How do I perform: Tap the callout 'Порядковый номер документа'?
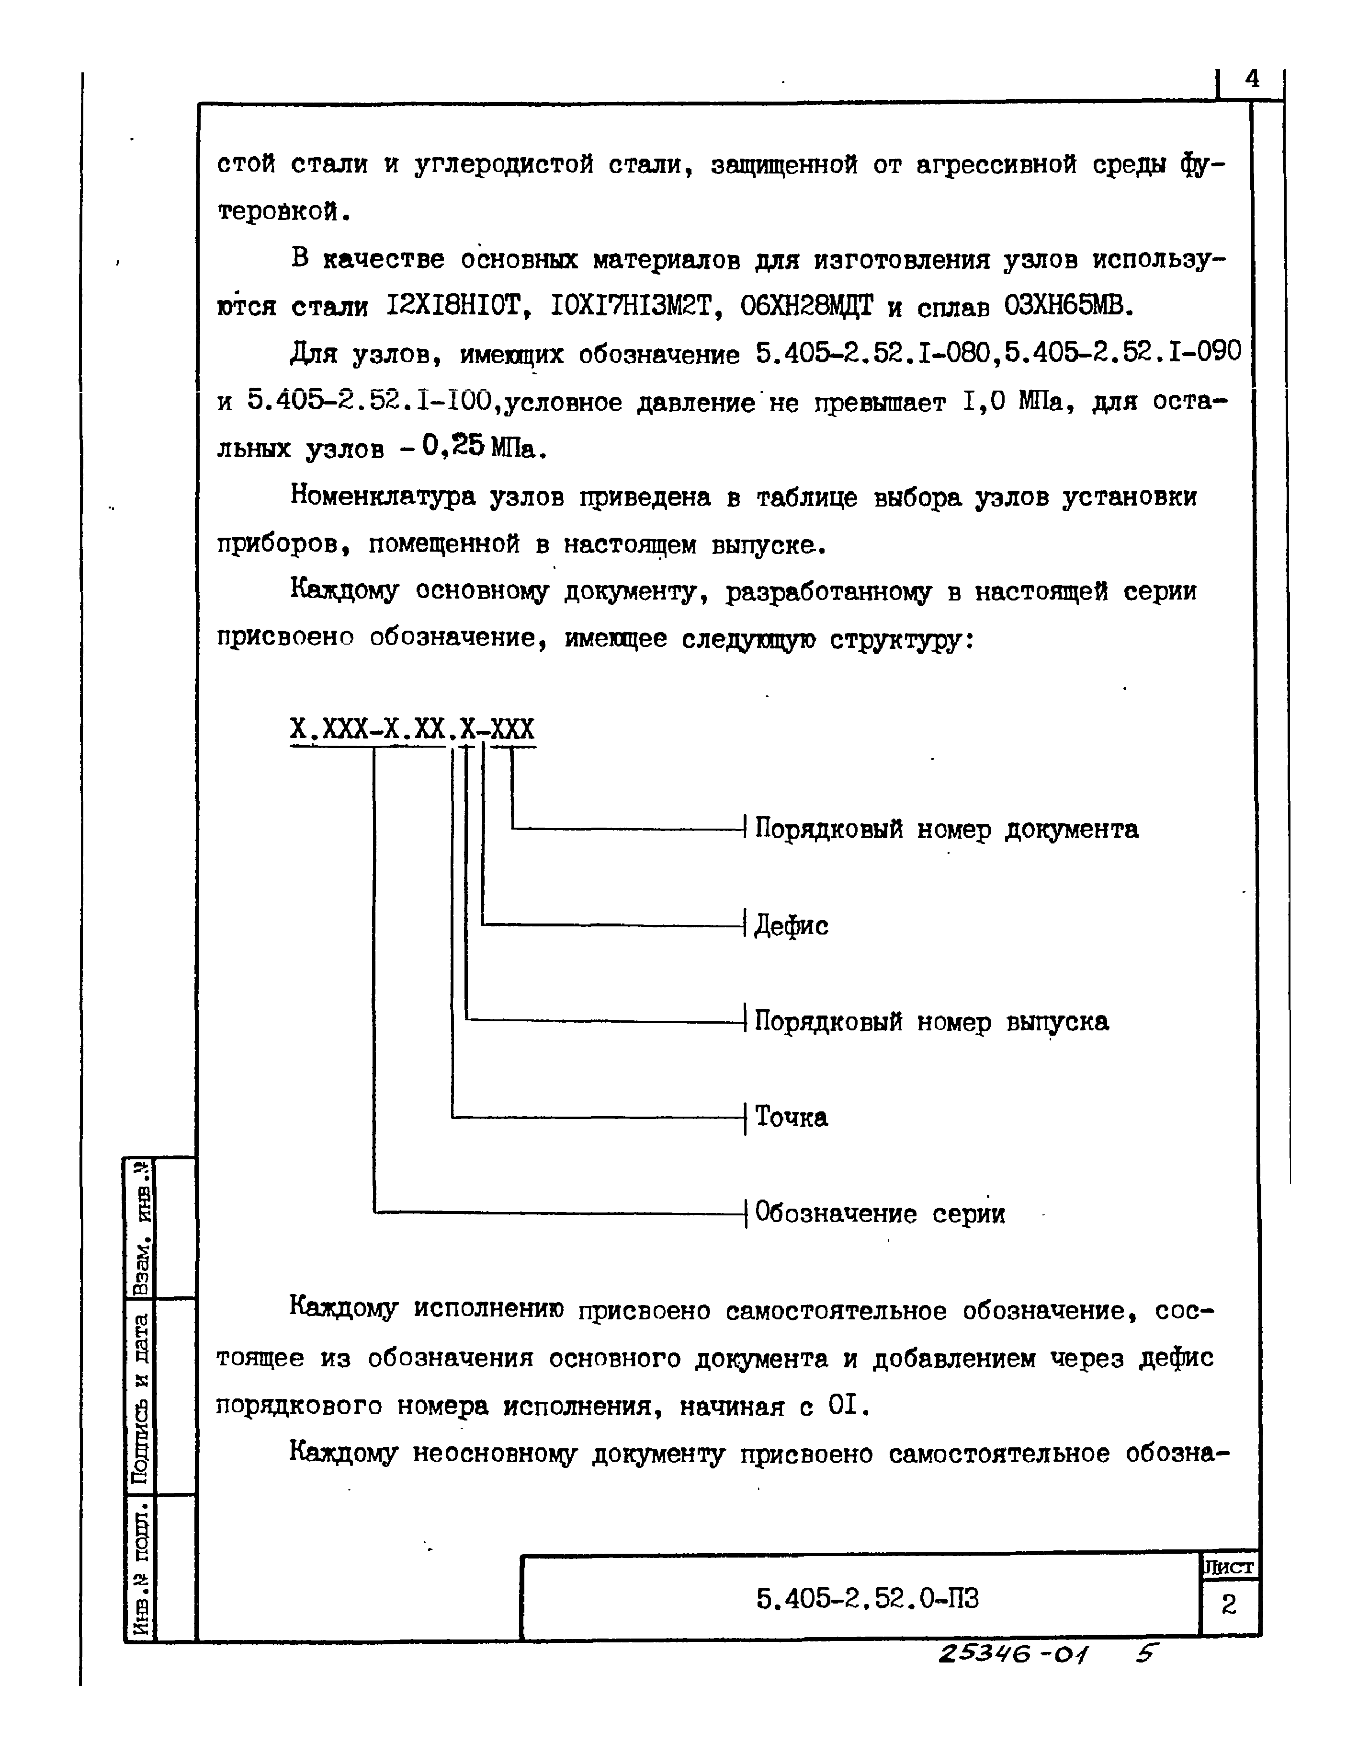point(946,829)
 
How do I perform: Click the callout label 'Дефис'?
point(791,926)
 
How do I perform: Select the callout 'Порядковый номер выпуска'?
point(931,1022)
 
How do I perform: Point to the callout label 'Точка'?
point(791,1118)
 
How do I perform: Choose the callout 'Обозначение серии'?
point(880,1213)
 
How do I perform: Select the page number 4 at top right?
point(1252,79)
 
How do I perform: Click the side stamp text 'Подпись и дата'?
point(140,1398)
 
